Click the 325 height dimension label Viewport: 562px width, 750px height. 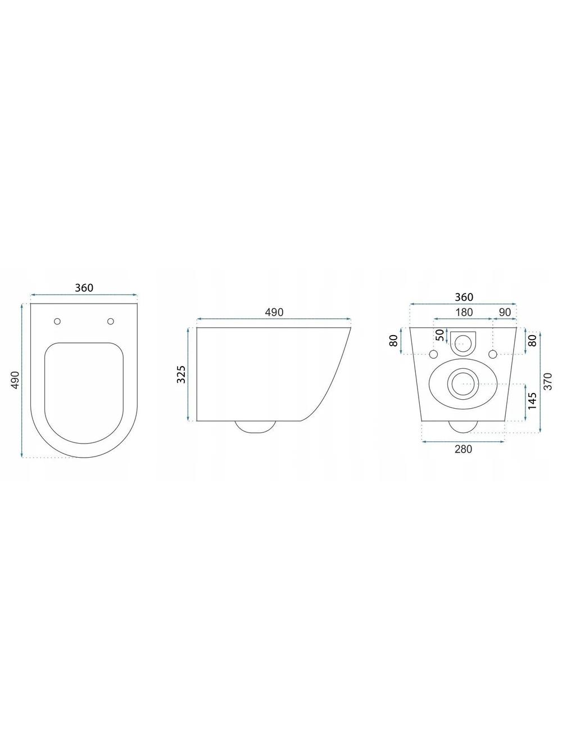(182, 374)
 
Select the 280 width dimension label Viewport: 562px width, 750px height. (463, 449)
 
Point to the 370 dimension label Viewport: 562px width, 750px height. (547, 381)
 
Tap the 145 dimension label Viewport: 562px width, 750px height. (532, 400)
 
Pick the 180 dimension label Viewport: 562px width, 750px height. (464, 312)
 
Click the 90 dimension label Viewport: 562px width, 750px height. (505, 312)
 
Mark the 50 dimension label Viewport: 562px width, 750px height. (441, 335)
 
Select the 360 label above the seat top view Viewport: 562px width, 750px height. (84, 288)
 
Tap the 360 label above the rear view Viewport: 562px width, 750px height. (464, 297)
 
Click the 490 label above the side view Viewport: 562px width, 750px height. (274, 312)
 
